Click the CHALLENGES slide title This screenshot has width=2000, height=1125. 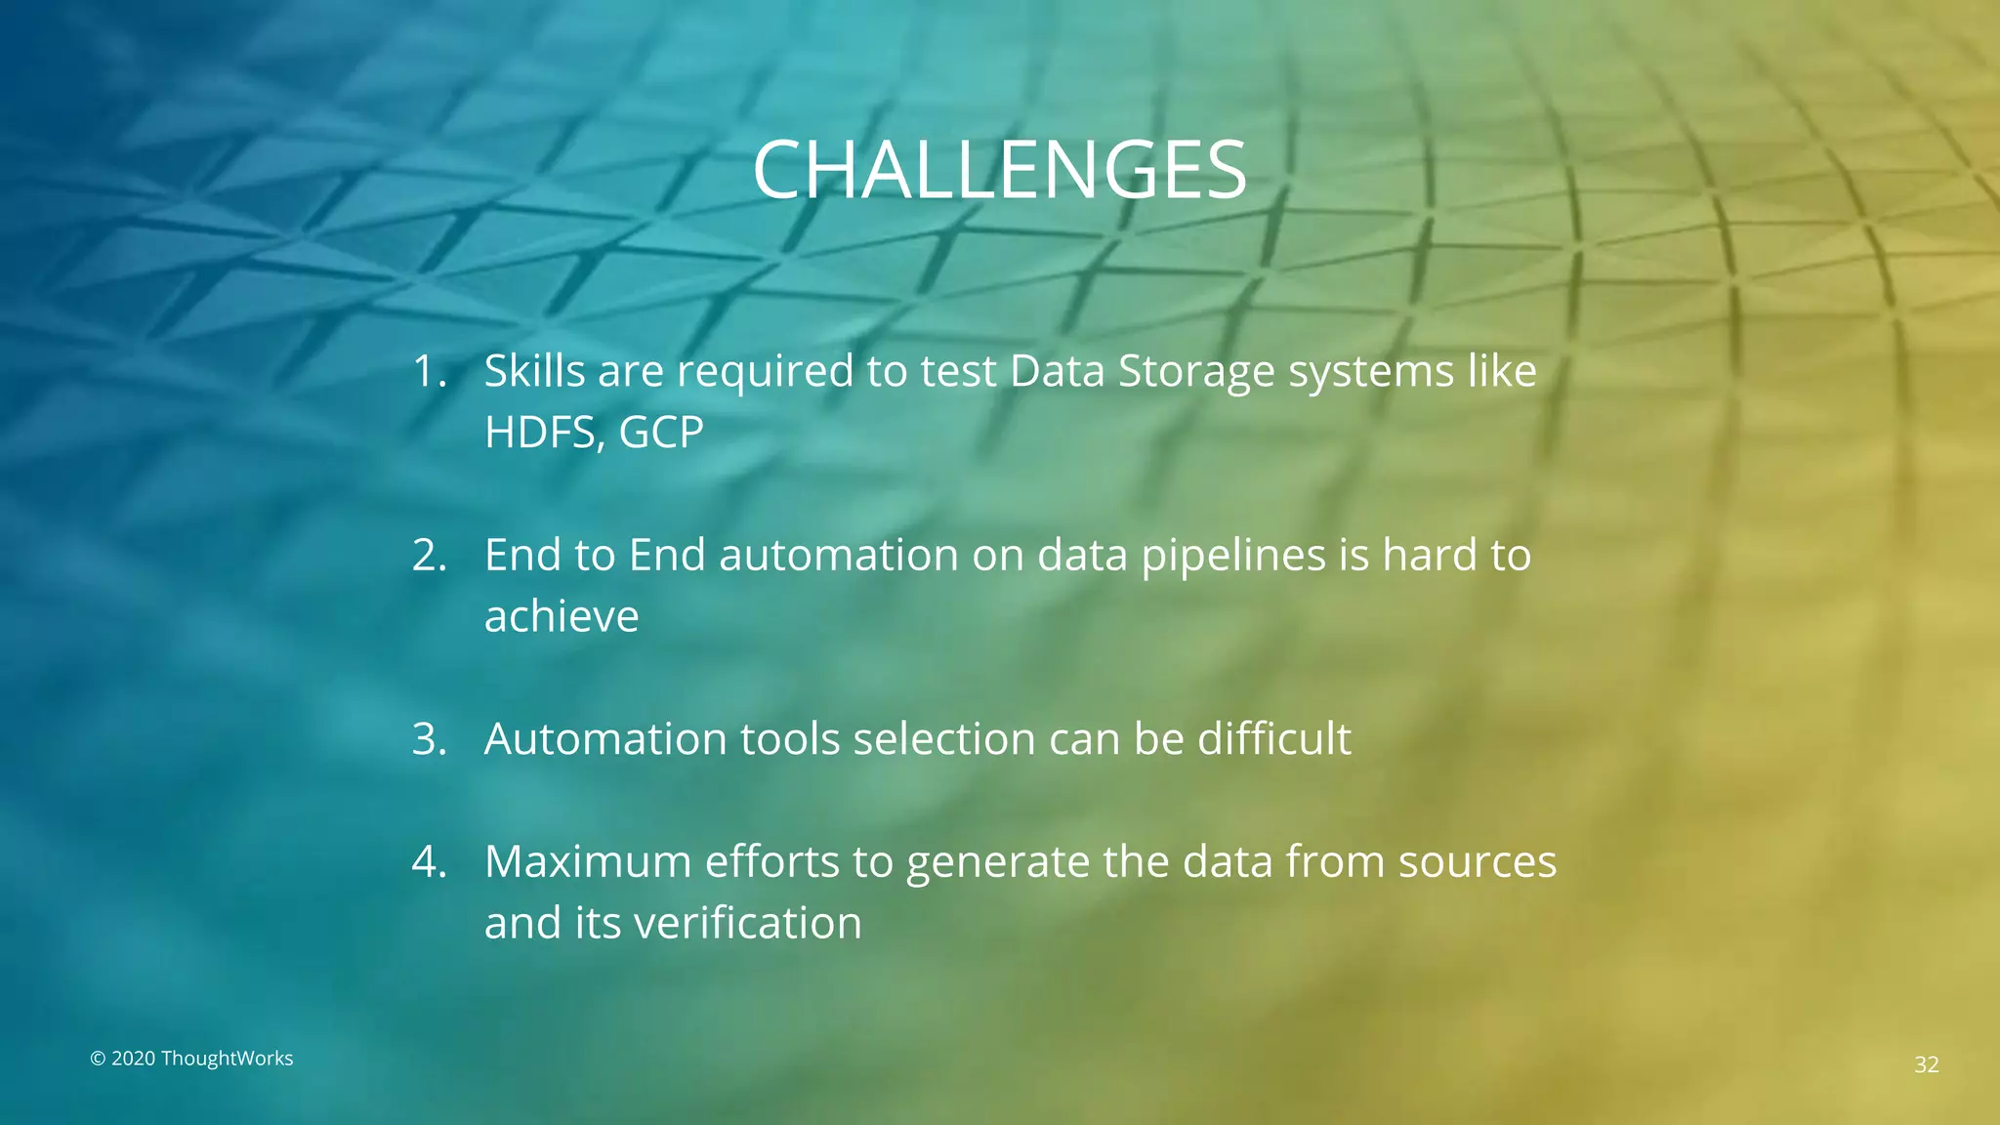[999, 170]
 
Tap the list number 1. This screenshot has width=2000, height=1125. [428, 372]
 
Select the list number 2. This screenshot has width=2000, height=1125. [428, 556]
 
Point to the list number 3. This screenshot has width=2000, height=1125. [428, 739]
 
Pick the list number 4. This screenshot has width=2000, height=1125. [428, 862]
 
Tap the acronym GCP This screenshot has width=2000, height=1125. [661, 433]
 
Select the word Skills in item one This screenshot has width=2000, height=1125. [534, 372]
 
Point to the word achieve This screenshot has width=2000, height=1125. [562, 617]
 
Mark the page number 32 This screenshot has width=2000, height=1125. [1926, 1064]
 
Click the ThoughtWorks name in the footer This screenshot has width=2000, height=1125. [227, 1059]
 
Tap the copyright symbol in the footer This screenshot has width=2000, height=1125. [98, 1060]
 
